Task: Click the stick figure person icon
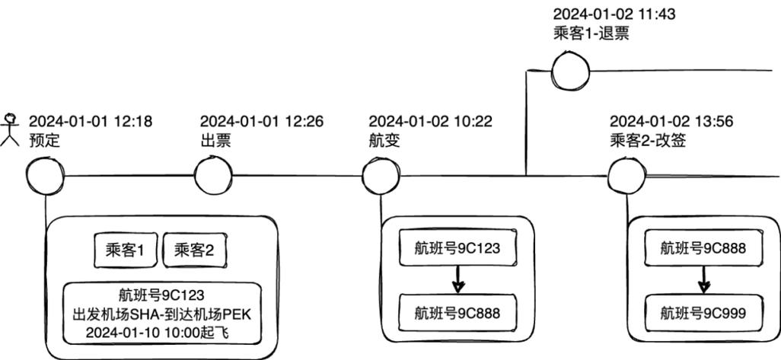11,129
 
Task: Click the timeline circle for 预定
46,177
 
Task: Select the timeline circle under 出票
213,177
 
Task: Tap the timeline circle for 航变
381,177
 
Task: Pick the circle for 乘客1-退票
571,72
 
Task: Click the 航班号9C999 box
703,313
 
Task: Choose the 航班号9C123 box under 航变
457,249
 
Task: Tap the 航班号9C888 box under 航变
457,313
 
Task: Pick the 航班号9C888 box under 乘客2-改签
703,249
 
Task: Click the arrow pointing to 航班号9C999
703,281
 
